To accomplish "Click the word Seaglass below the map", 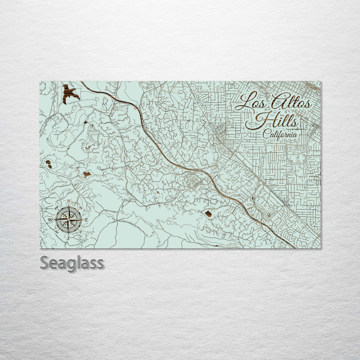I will click(x=72, y=263).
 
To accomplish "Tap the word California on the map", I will click(x=280, y=134).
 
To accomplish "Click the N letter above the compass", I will click(x=69, y=201).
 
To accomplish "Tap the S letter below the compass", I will click(x=68, y=238).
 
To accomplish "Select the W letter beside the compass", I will click(x=50, y=220).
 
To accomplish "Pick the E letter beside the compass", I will click(x=86, y=220).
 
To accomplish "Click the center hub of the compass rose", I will click(x=68, y=219).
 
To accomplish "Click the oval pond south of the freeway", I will click(x=208, y=214).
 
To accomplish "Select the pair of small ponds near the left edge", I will click(x=49, y=164).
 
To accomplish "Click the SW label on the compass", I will click(x=57, y=232).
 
